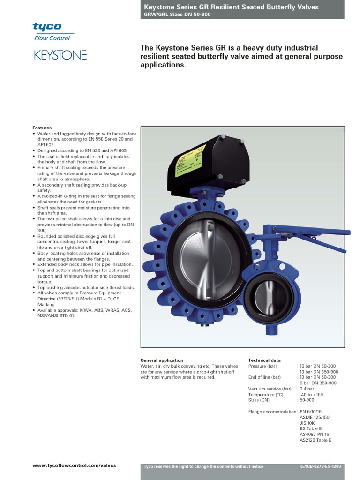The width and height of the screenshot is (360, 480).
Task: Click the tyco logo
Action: [x=47, y=27]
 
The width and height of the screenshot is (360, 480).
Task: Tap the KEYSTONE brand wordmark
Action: [x=60, y=55]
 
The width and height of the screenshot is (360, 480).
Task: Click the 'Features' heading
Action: [x=42, y=128]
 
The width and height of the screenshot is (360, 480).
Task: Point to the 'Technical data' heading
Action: [x=264, y=360]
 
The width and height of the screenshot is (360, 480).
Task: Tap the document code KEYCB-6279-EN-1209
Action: [x=320, y=466]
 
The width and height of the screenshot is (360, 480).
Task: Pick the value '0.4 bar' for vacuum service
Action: [x=307, y=389]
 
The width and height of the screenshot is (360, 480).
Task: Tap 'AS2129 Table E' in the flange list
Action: [x=315, y=440]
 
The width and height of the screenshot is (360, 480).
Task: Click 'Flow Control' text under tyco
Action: [x=52, y=38]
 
